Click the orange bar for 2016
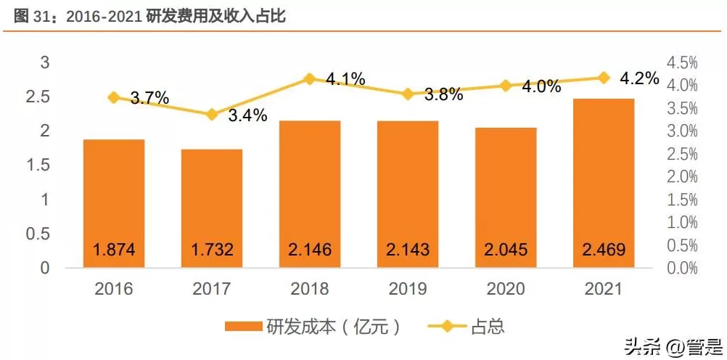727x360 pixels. (113, 203)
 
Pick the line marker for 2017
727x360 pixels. (212, 115)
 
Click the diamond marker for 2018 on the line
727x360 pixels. (310, 78)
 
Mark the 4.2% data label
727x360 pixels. (640, 78)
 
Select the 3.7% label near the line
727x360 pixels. (150, 97)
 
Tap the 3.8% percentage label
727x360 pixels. (443, 94)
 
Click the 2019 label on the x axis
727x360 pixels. (408, 289)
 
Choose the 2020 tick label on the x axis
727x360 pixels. (506, 289)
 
